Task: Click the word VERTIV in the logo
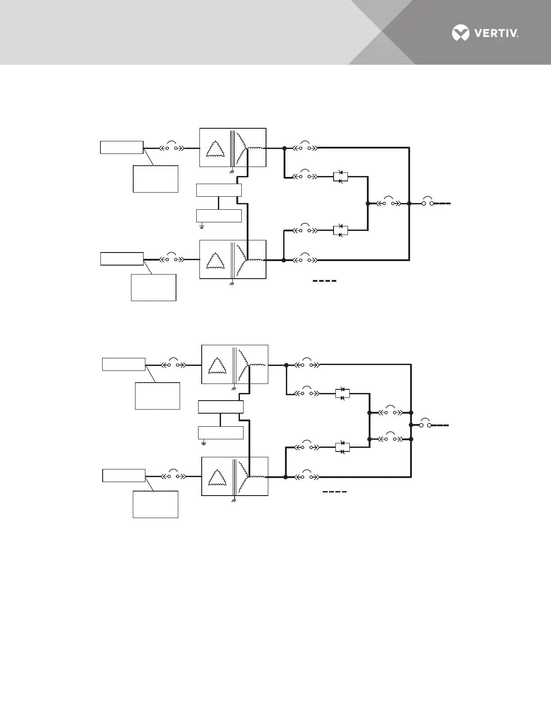[494, 33]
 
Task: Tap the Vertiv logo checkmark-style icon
[460, 33]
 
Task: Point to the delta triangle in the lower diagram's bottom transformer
[218, 476]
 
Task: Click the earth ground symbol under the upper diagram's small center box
[202, 225]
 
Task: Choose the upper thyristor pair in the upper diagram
[340, 176]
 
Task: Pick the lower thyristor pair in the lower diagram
[343, 447]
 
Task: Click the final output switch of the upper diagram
[428, 203]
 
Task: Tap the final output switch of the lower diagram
[425, 424]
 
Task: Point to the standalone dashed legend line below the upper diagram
[325, 281]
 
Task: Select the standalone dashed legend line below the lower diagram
[334, 492]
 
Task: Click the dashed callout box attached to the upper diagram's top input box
[155, 179]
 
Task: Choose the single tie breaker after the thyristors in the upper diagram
[388, 203]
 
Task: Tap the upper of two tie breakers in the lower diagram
[390, 412]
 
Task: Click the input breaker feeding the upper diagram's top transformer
[172, 147]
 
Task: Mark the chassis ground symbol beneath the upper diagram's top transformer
[232, 171]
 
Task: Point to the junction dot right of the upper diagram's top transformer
[285, 148]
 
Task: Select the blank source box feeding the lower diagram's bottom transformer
[124, 475]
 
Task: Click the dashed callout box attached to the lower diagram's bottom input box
[155, 504]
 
